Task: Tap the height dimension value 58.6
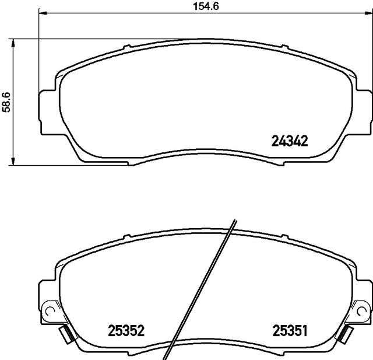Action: click(x=6, y=101)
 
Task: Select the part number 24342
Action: click(x=290, y=141)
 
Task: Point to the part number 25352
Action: click(x=126, y=331)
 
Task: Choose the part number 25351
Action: click(x=290, y=331)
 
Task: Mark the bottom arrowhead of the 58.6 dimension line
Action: click(x=13, y=160)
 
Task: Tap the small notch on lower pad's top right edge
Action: click(x=284, y=236)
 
